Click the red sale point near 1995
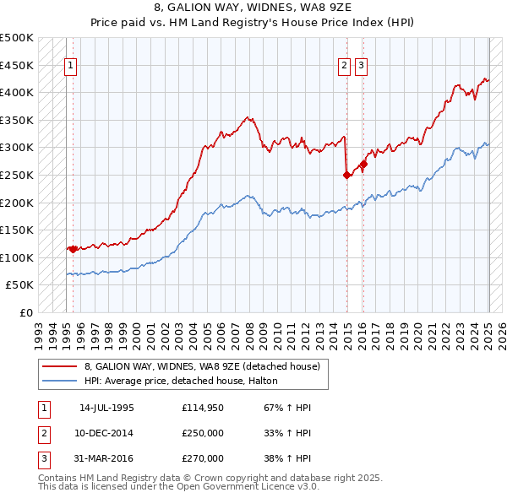(x=73, y=249)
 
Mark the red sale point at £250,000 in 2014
(x=346, y=175)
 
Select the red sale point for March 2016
(x=364, y=164)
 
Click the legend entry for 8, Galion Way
(x=202, y=366)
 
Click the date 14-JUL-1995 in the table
(x=106, y=408)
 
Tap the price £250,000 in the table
(x=203, y=433)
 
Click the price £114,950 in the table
(x=203, y=408)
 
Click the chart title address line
(x=253, y=10)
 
